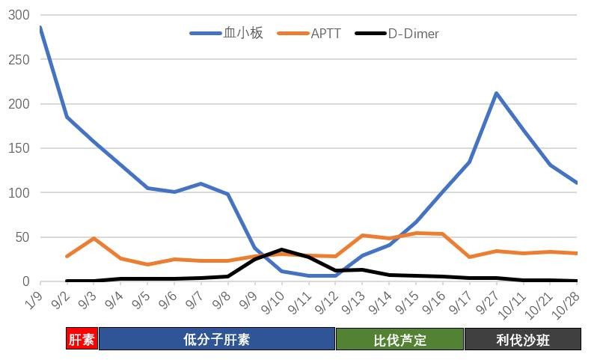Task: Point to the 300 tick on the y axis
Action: pyautogui.click(x=19, y=16)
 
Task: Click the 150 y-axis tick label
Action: pyautogui.click(x=19, y=148)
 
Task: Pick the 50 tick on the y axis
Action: pyautogui.click(x=24, y=237)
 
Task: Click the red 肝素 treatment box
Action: pyautogui.click(x=82, y=340)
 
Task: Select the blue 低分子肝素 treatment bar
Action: pyautogui.click(x=216, y=340)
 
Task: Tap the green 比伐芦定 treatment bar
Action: pyautogui.click(x=400, y=340)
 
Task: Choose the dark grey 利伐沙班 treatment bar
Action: pyautogui.click(x=522, y=340)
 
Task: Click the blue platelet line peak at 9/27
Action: pyautogui.click(x=496, y=94)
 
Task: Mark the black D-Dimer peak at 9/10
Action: pyautogui.click(x=282, y=250)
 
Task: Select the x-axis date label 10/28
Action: pyautogui.click(x=571, y=303)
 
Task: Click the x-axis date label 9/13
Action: pyautogui.click(x=356, y=303)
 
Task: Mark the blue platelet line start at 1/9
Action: pyautogui.click(x=40, y=28)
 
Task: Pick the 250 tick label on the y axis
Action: pyautogui.click(x=19, y=60)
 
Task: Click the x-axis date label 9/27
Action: pyautogui.click(x=490, y=303)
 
